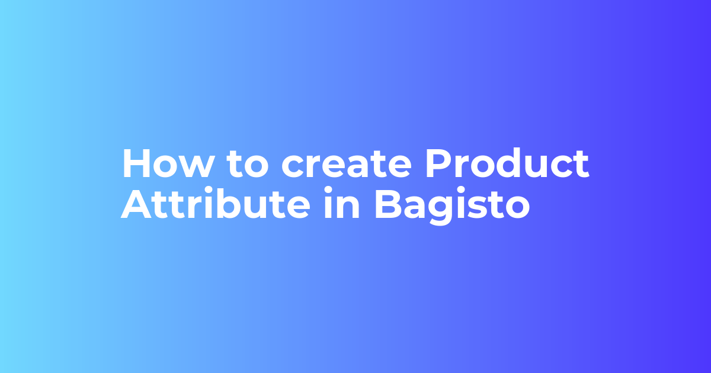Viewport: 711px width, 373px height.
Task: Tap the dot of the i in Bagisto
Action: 462,192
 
